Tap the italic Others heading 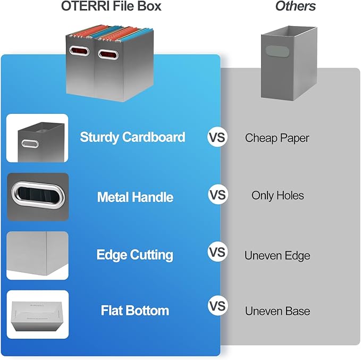pos(295,6)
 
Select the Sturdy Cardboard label pos(132,137)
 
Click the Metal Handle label pos(135,197)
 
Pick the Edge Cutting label pos(135,255)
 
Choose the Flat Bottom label pos(135,311)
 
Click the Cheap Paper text pos(277,138)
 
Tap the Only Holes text pos(278,196)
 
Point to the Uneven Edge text pos(277,256)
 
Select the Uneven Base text pos(277,311)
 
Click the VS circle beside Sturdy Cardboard pos(217,138)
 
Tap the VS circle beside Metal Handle pos(217,195)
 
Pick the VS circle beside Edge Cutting pos(217,252)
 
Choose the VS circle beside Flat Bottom pos(217,307)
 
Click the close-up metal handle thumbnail pos(37,197)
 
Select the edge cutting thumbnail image pos(37,255)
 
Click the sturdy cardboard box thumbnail pos(37,138)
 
